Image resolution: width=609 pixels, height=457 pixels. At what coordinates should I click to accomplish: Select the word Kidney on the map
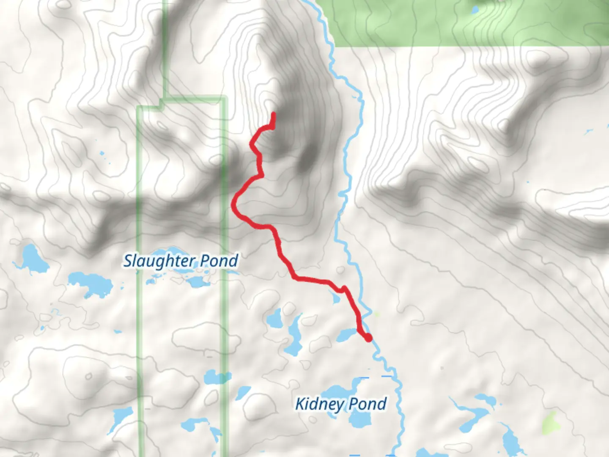(319, 404)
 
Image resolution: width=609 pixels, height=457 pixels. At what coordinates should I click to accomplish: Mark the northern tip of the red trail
(274, 114)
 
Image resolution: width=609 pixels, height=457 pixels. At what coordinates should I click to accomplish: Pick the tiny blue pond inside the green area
(475, 9)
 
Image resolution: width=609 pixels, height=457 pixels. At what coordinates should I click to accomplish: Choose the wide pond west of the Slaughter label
(91, 283)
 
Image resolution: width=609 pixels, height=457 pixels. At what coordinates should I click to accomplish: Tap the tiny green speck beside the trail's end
(376, 314)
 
